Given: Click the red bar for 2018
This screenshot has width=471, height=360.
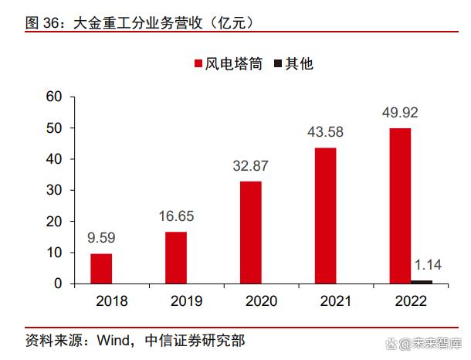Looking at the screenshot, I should click(x=101, y=268).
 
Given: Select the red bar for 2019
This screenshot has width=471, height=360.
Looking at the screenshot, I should click(x=176, y=257).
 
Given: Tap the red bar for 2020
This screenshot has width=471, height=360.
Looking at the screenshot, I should click(x=250, y=232).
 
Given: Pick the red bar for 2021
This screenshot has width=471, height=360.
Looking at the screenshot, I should click(x=325, y=215).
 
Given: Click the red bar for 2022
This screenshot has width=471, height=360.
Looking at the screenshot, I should click(x=400, y=205).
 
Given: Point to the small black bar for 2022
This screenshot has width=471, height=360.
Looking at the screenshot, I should click(x=422, y=281).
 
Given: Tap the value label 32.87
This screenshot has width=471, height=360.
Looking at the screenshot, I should click(x=250, y=166).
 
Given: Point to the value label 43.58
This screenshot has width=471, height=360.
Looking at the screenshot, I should click(x=325, y=131).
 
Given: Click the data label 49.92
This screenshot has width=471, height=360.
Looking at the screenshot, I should click(x=400, y=113).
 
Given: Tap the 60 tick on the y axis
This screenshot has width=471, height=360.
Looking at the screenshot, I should click(x=54, y=97).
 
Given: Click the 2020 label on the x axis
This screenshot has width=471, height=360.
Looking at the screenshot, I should click(x=250, y=301).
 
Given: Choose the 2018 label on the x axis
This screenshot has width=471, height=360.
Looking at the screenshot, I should click(x=101, y=301).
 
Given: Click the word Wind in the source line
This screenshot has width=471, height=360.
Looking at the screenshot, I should click(x=115, y=340).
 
